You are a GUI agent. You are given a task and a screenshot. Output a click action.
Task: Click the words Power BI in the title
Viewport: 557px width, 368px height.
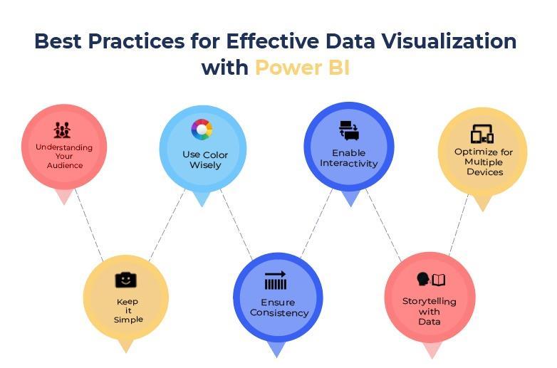tap(302, 68)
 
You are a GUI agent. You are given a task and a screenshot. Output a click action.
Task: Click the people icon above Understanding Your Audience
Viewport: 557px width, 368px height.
tap(63, 130)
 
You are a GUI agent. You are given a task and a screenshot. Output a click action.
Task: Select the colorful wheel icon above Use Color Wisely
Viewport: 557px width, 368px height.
tap(202, 130)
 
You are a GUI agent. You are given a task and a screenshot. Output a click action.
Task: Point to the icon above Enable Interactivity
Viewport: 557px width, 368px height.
tap(348, 131)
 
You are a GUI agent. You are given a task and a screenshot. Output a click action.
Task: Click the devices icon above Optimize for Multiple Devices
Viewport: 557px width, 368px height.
tap(482, 134)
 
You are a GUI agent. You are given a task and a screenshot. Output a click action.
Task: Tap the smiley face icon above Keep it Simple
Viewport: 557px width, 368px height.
tap(125, 280)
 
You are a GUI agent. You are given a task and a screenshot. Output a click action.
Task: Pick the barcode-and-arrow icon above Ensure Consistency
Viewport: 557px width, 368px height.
tap(275, 281)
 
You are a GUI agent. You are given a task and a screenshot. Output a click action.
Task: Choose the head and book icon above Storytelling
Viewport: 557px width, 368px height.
tap(430, 280)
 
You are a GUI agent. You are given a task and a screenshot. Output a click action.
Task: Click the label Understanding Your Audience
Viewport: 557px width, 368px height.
tap(64, 156)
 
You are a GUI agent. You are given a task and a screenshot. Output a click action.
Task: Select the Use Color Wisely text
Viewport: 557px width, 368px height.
tap(204, 159)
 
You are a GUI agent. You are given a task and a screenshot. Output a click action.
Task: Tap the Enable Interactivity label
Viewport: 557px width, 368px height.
tap(348, 158)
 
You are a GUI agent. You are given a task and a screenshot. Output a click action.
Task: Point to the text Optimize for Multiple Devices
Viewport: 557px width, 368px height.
tap(484, 162)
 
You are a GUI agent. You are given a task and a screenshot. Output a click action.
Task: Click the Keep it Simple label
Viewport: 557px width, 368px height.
tap(128, 310)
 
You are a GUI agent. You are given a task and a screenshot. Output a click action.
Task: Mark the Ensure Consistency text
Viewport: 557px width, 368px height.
tap(279, 307)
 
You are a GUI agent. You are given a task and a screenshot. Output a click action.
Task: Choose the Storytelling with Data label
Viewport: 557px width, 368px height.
tap(430, 311)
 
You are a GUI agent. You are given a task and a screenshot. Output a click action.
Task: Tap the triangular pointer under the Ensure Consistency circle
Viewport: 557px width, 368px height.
tap(276, 349)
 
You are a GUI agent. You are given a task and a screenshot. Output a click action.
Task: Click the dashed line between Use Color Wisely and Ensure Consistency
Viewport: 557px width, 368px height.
tap(236, 225)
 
